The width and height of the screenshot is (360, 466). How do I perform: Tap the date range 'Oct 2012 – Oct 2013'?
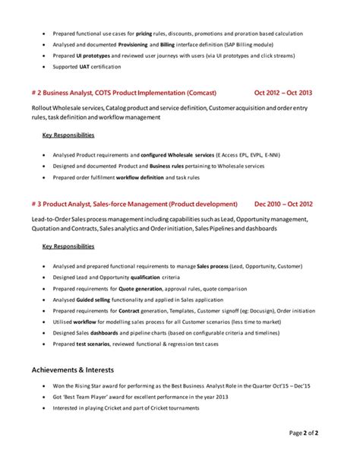point(284,93)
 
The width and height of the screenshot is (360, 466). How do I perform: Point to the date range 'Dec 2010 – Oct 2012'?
point(284,204)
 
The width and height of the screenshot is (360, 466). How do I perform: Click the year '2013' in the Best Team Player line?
point(221,397)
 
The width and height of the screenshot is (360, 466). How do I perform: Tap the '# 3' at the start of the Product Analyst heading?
point(36,204)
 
